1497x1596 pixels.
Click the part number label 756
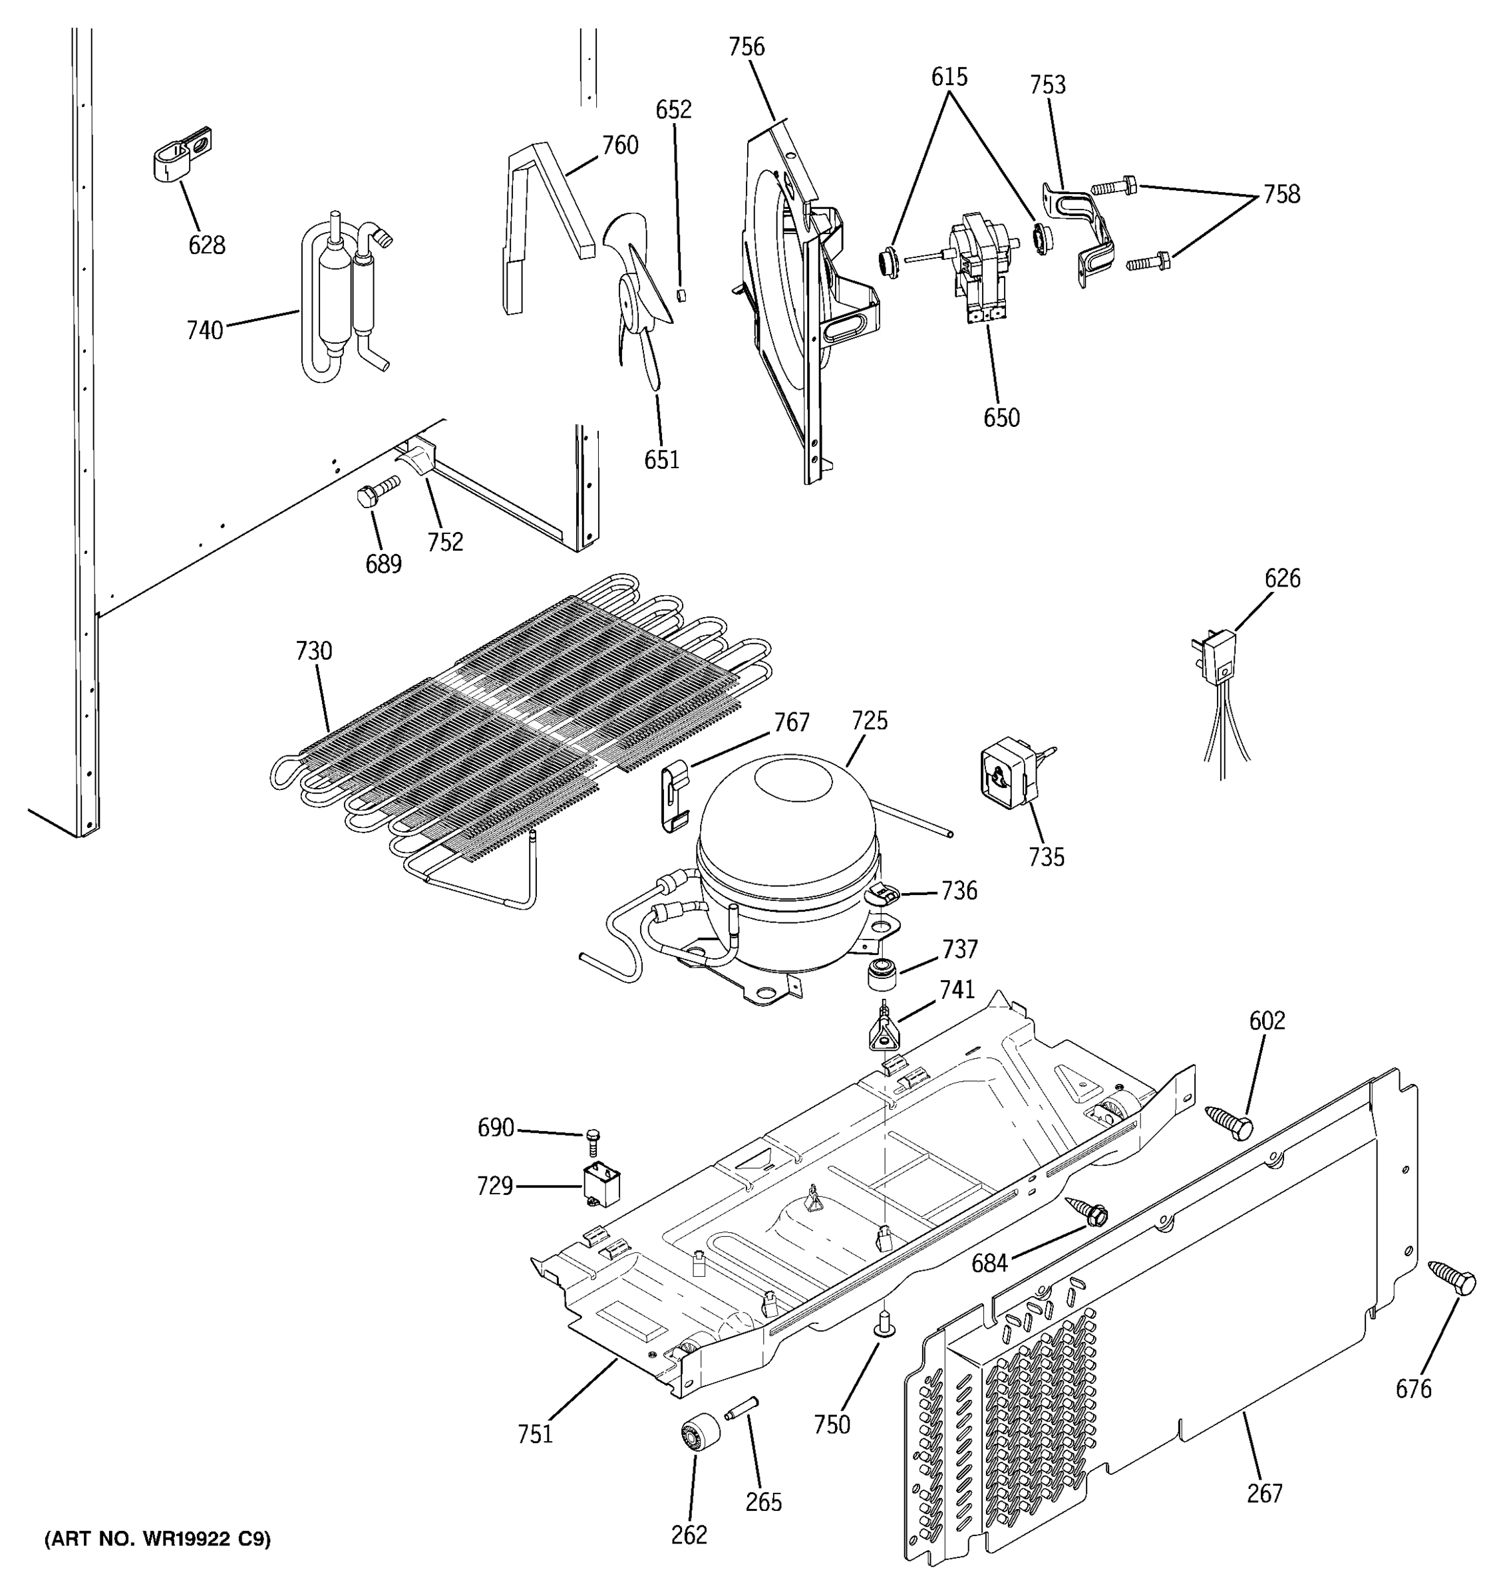pos(746,47)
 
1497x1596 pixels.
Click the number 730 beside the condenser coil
pos(313,651)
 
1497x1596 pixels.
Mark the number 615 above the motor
pos(949,78)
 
